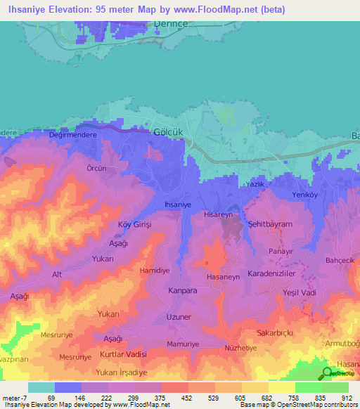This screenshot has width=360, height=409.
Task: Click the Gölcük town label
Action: pyautogui.click(x=167, y=132)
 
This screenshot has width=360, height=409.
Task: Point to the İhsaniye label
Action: pyautogui.click(x=177, y=204)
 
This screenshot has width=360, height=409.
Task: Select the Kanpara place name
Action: pyautogui.click(x=182, y=290)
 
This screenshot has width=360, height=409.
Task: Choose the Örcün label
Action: pyautogui.click(x=96, y=169)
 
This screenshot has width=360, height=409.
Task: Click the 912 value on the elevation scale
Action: pyautogui.click(x=347, y=398)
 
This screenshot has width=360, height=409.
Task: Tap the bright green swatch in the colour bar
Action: pyautogui.click(x=308, y=387)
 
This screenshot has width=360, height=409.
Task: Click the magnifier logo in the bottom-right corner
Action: pyautogui.click(x=326, y=374)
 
